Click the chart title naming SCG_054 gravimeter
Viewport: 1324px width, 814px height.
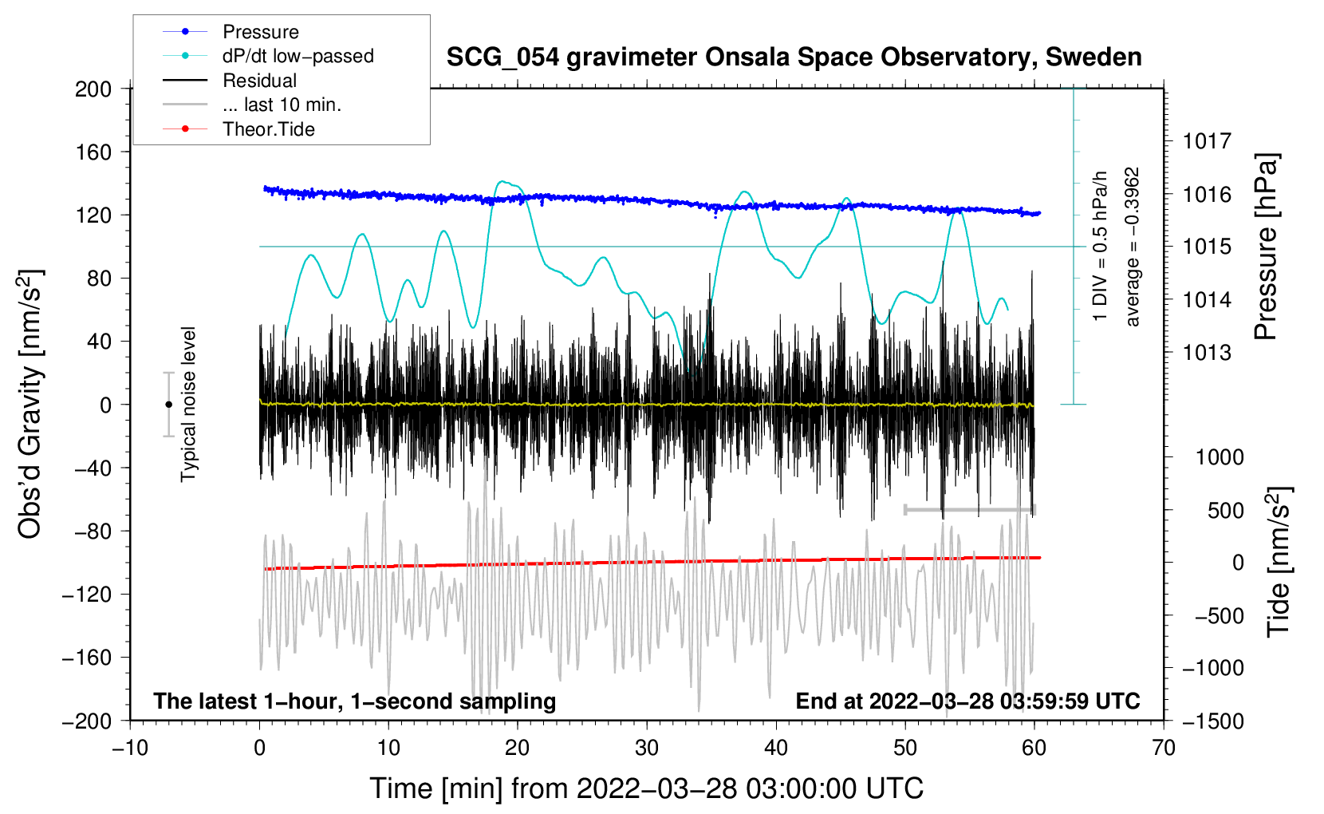click(x=794, y=57)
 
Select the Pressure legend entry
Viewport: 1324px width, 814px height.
click(x=260, y=32)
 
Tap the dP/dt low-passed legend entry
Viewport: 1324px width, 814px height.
click(x=298, y=56)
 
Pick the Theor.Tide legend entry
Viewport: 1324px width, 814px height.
click(x=268, y=129)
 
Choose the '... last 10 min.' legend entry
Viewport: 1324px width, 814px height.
click(x=282, y=105)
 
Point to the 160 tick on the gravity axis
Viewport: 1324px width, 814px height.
click(x=93, y=152)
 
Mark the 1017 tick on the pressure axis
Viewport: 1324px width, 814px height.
click(x=1207, y=141)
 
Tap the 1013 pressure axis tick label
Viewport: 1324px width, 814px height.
click(x=1207, y=353)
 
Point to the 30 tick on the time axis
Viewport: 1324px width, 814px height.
click(x=647, y=748)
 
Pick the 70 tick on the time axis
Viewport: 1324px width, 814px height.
click(x=1164, y=748)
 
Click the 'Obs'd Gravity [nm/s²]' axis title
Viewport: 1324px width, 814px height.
click(x=30, y=405)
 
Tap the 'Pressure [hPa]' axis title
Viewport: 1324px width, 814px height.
click(x=1267, y=247)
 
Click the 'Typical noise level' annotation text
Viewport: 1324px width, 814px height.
click(x=188, y=405)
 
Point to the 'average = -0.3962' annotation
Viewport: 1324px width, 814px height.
click(x=1133, y=247)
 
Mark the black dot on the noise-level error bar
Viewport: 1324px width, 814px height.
click(x=168, y=405)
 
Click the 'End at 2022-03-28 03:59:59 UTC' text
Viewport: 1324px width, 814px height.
click(x=967, y=701)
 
